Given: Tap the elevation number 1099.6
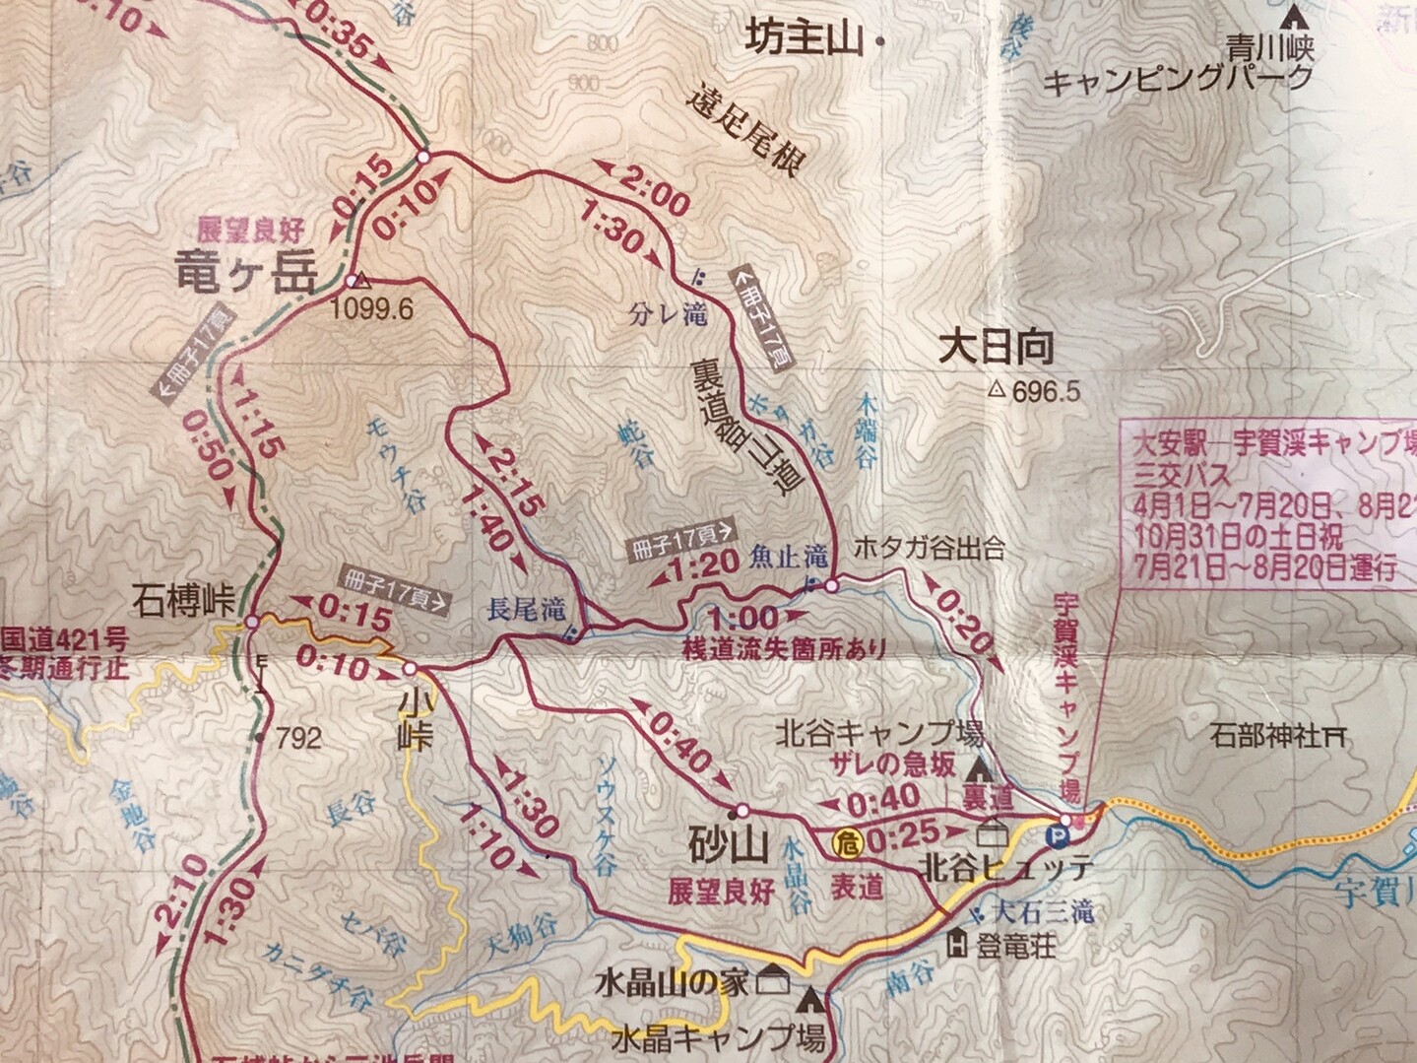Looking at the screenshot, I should (373, 307).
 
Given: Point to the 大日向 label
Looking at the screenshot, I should (996, 347).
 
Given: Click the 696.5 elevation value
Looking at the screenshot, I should (1046, 392).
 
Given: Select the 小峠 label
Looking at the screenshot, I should (415, 718).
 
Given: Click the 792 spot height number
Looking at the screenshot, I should (298, 737).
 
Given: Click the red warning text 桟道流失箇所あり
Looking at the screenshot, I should (784, 648).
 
